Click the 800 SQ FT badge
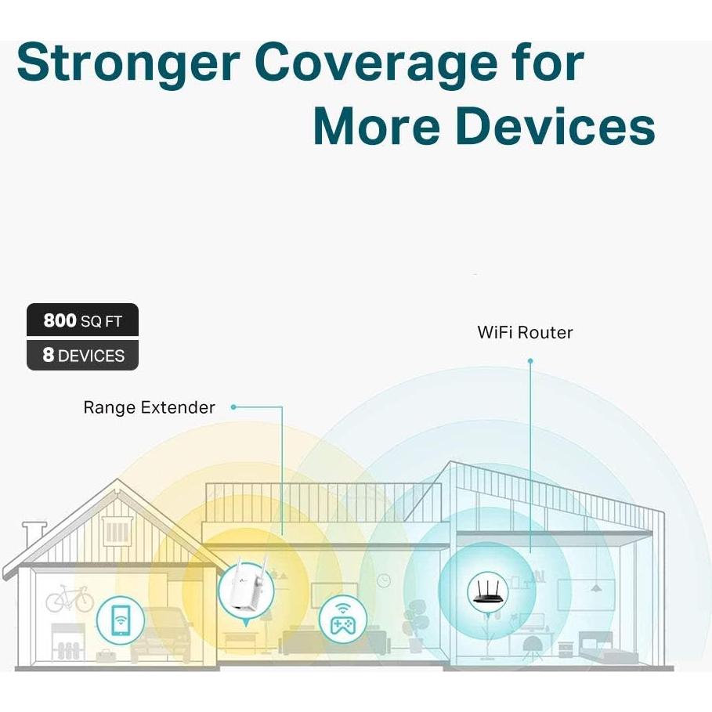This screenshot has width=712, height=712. [82, 320]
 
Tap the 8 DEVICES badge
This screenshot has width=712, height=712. [82, 355]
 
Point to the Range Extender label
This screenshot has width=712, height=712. [149, 407]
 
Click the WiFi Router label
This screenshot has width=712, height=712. [525, 332]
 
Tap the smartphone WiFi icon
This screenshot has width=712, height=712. [120, 621]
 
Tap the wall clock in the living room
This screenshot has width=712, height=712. [383, 581]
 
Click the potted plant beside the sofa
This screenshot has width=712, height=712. [413, 627]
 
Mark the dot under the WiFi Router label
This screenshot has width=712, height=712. [530, 361]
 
